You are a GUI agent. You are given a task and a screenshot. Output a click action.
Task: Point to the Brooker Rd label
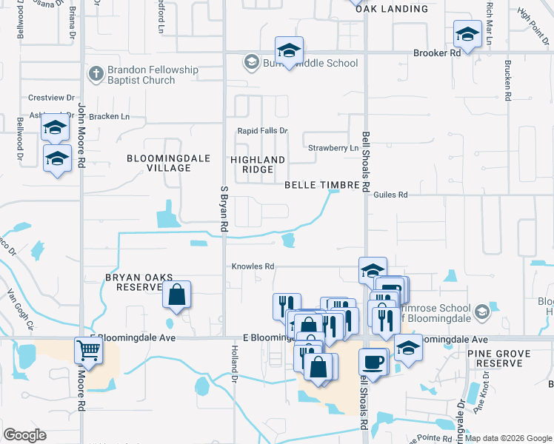point(437,53)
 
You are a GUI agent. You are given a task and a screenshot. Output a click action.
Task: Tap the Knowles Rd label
point(253,266)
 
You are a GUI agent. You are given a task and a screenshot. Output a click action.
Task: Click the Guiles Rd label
point(391,195)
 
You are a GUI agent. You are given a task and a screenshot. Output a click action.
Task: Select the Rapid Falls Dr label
point(262,131)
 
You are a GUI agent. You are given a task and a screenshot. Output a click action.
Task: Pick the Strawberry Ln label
point(333,148)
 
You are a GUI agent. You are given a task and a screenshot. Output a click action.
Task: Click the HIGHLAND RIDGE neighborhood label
point(258,164)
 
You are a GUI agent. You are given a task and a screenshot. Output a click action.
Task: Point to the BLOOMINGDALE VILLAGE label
point(158,163)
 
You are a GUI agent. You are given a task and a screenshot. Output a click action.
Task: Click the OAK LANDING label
point(391,9)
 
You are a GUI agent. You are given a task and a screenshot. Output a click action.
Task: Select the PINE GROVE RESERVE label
point(499,359)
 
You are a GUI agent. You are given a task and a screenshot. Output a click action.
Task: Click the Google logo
point(24,435)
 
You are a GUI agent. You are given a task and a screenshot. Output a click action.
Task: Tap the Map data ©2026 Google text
point(508,438)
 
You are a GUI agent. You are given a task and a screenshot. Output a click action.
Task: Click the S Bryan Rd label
point(224,206)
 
